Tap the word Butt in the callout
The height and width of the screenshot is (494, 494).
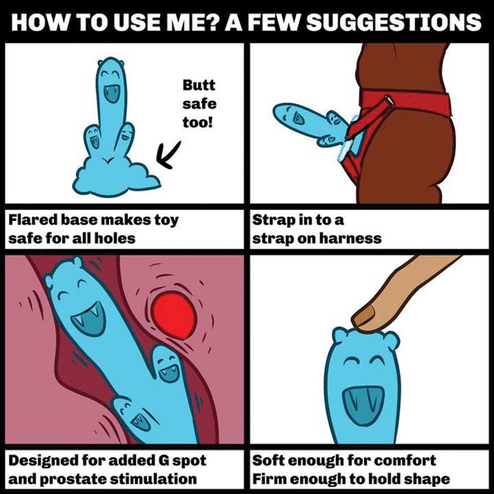198,86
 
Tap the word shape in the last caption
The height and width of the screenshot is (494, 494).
430,479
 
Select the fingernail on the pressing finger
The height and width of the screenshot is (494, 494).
364,316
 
